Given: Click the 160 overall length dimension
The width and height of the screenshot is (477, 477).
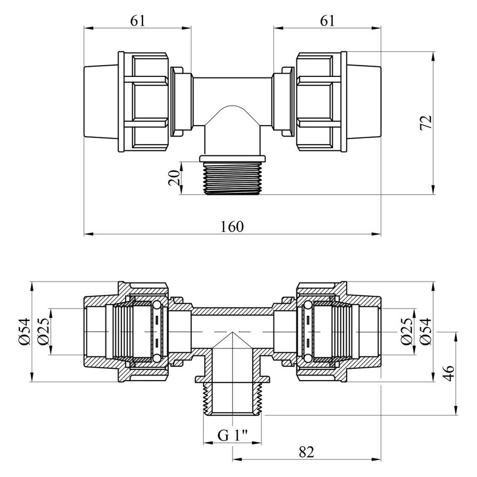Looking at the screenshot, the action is point(232,227).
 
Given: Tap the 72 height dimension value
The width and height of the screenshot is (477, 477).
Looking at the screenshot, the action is point(426,122).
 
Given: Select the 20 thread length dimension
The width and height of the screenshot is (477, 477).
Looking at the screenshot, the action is point(174,178).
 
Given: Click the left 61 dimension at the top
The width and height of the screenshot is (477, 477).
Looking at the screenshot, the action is point(138,21).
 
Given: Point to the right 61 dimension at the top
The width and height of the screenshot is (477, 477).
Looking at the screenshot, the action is point(327,21).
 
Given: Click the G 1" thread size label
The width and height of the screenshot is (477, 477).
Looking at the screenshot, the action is point(233,436).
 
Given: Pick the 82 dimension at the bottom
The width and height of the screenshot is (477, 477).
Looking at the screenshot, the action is point(306,452).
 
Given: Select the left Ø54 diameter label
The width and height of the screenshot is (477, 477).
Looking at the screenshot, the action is point(24,332).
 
